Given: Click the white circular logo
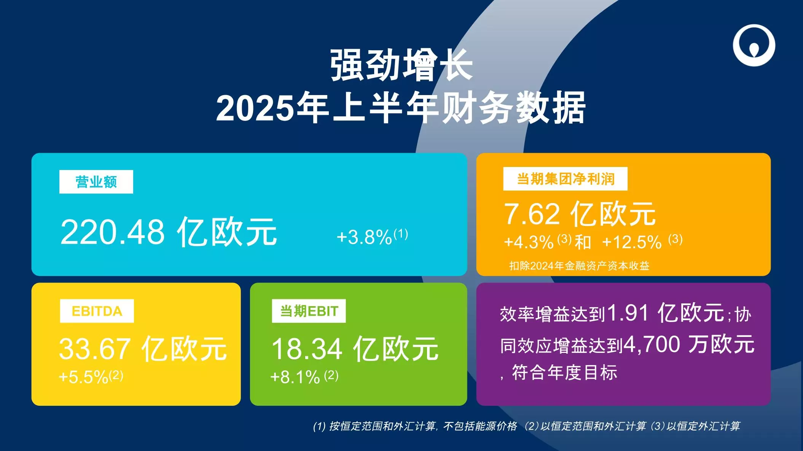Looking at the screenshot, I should (x=754, y=45).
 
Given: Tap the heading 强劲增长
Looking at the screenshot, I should (x=401, y=65).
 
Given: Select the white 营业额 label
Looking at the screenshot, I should (x=96, y=182).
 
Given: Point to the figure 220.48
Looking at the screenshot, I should (x=112, y=232).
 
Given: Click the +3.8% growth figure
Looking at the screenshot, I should (x=364, y=237).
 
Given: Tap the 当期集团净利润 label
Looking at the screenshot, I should (x=565, y=179).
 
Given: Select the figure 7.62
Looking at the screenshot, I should (x=532, y=214).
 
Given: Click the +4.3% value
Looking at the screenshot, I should (x=528, y=242).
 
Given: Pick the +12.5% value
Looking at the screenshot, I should (x=632, y=242).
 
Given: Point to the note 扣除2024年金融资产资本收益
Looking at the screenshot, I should (x=579, y=266).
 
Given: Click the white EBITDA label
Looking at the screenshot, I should (x=97, y=311).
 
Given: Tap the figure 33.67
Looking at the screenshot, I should (x=95, y=349).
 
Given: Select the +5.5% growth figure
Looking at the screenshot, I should (x=84, y=377).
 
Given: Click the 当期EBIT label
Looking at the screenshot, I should (x=309, y=311).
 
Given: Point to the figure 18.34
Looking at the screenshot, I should (x=307, y=349).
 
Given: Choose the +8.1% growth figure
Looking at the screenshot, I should (x=295, y=377).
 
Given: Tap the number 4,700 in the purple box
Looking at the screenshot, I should (x=652, y=345).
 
